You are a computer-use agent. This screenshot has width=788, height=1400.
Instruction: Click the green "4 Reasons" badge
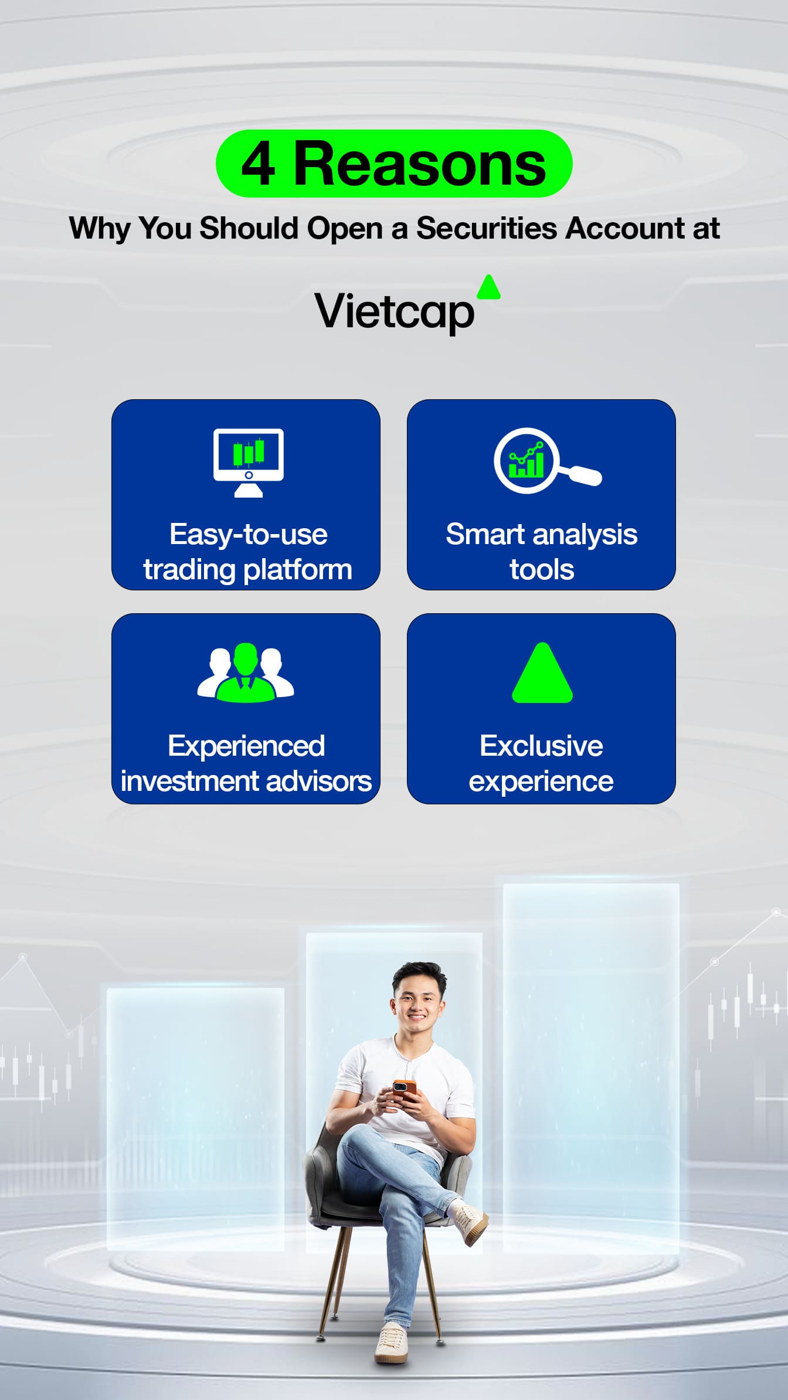394,164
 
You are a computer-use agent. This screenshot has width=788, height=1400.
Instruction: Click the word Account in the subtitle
626,228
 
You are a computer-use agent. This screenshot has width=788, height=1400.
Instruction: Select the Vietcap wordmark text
395,312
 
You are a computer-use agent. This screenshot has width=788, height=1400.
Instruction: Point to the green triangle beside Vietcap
489,288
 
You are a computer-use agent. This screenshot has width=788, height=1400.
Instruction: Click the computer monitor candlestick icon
249,463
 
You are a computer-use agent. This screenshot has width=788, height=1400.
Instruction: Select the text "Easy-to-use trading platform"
248,552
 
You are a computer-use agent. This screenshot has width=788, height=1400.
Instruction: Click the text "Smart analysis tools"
542,552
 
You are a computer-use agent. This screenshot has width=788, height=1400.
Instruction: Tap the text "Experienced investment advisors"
246,763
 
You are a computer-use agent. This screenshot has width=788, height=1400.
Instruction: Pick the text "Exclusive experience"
541,763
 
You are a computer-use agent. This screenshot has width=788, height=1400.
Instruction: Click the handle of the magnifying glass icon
582,474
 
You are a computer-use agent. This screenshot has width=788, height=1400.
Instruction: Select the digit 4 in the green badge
259,165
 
